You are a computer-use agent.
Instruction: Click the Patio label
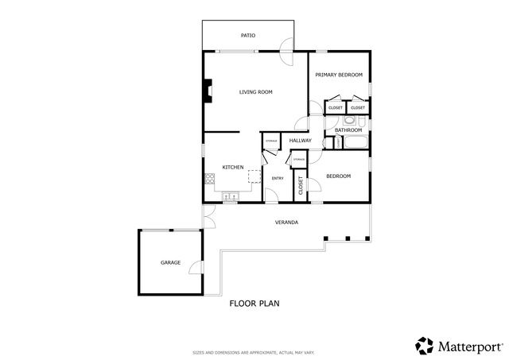[247, 36]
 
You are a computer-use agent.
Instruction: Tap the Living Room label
[256, 92]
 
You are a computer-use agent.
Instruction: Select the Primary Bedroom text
[339, 75]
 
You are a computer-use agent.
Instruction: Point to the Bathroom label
[348, 130]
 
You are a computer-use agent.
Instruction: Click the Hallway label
[300, 141]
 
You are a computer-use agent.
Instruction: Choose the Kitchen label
[232, 167]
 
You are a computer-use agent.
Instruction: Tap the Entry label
[278, 178]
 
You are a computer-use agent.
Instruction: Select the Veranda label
[286, 223]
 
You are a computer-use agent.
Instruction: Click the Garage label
[170, 262]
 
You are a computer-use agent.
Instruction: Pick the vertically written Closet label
[301, 187]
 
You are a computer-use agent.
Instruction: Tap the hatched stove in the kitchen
[208, 179]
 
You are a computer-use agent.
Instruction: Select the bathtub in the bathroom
[354, 143]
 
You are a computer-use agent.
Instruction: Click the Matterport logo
[459, 346]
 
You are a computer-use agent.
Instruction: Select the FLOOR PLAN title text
[254, 304]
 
